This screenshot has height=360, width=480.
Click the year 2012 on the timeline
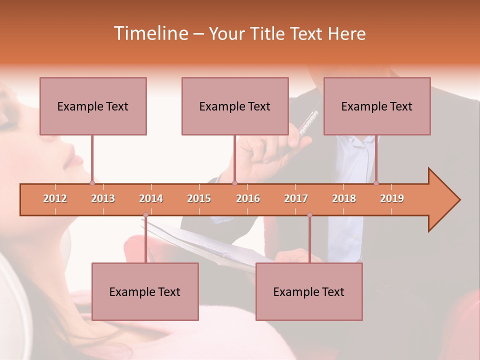[x=55, y=198]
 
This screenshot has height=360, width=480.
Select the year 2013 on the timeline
[x=103, y=198]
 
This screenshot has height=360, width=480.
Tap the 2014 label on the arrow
[x=151, y=198]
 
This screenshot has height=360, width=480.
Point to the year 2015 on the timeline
[x=199, y=198]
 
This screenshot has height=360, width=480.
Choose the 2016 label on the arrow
[x=248, y=198]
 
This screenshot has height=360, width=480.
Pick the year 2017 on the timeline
[x=296, y=198]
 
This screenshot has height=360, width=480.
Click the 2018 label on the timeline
[x=344, y=198]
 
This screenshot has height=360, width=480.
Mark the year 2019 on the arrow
[x=392, y=198]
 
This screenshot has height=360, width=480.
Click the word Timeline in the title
[x=150, y=33]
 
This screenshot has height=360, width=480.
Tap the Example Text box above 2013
[x=93, y=106]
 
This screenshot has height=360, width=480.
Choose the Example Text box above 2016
[x=235, y=106]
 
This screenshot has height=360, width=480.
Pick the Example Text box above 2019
[x=377, y=106]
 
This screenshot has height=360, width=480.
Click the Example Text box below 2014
[x=145, y=291]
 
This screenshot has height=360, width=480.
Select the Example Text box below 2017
[x=309, y=291]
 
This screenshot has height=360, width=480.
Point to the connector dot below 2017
[x=309, y=215]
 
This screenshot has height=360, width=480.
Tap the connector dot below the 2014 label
[x=145, y=215]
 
